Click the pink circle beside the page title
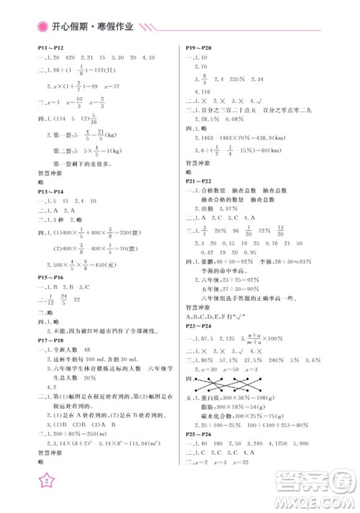click(42, 27)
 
